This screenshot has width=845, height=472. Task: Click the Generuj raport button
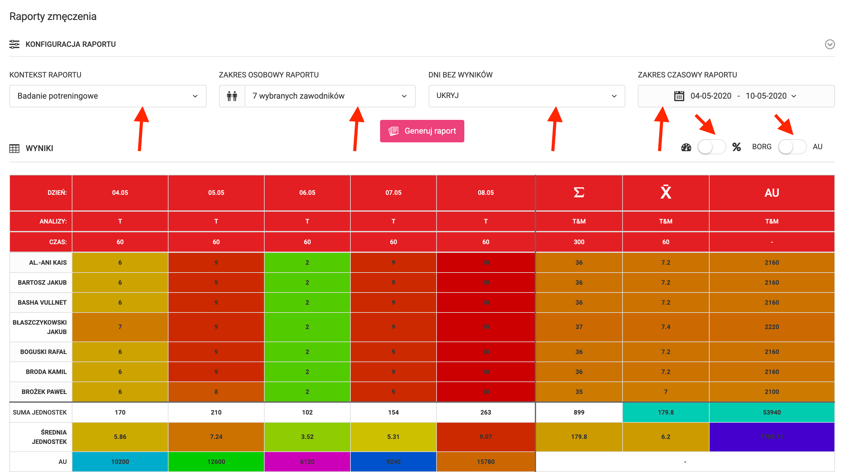pyautogui.click(x=422, y=131)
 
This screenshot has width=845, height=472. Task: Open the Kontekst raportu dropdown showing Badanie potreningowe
pyautogui.click(x=108, y=96)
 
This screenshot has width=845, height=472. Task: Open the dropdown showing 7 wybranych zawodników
pyautogui.click(x=330, y=96)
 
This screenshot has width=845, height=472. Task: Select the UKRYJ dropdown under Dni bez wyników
pyautogui.click(x=526, y=96)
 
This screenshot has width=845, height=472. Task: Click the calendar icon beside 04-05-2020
pyautogui.click(x=679, y=96)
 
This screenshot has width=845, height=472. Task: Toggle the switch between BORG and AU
pyautogui.click(x=792, y=147)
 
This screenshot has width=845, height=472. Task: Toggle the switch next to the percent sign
pyautogui.click(x=711, y=147)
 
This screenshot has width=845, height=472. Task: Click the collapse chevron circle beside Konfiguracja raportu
pyautogui.click(x=830, y=44)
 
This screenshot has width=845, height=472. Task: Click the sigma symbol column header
pyautogui.click(x=579, y=192)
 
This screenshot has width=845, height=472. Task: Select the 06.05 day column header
pyautogui.click(x=307, y=193)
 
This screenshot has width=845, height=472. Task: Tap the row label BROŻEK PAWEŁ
pyautogui.click(x=44, y=391)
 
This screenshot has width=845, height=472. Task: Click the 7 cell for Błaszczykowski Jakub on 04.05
pyautogui.click(x=120, y=327)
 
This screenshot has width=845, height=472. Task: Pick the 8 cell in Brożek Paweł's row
pyautogui.click(x=216, y=391)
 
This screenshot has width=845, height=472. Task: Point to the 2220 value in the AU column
pyautogui.click(x=772, y=327)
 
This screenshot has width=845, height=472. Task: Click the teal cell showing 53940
pyautogui.click(x=772, y=412)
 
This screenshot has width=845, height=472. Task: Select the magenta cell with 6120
pyautogui.click(x=307, y=461)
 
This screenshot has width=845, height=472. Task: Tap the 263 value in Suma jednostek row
pyautogui.click(x=486, y=412)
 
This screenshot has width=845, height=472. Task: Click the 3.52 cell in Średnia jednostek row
pyautogui.click(x=307, y=436)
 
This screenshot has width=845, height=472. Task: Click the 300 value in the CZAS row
pyautogui.click(x=579, y=242)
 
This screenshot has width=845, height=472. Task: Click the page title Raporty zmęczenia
pyautogui.click(x=53, y=17)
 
